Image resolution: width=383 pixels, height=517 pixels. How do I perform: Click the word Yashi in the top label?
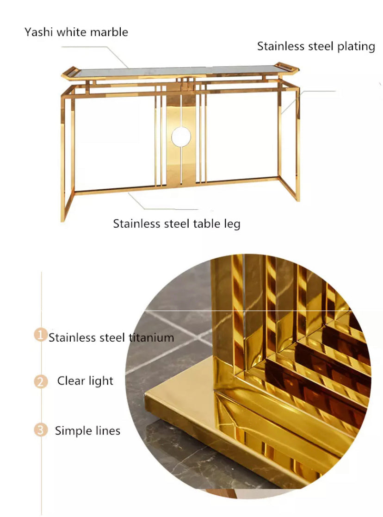[38, 32]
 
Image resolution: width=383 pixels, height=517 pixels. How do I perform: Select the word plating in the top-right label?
[356, 46]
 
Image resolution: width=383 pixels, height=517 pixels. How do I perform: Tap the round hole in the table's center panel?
[181, 137]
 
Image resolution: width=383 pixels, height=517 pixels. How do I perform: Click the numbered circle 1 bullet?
[41, 335]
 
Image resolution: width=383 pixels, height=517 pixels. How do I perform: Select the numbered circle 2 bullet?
[41, 382]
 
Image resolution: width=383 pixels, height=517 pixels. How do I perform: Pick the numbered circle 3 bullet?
[41, 430]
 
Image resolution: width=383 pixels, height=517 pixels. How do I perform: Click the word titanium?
[151, 337]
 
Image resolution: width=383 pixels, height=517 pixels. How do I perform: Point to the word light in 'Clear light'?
[101, 381]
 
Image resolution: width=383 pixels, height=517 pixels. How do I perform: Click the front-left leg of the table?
[63, 157]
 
